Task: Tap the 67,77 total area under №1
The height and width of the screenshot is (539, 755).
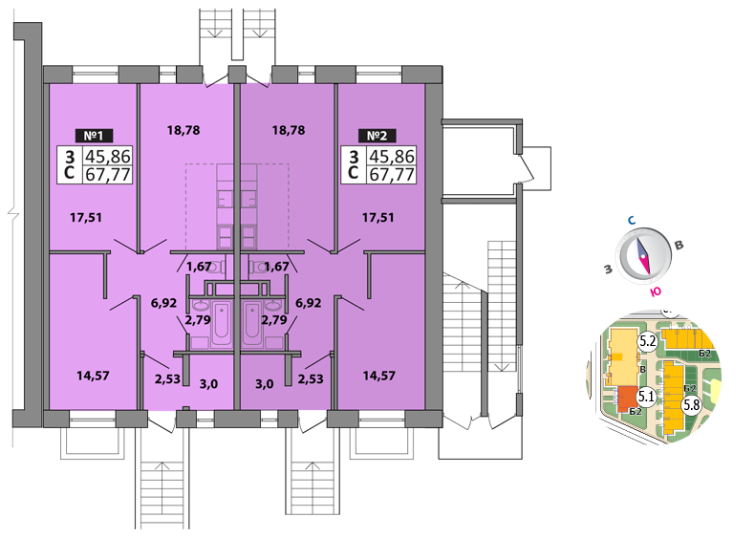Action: pyautogui.click(x=108, y=174)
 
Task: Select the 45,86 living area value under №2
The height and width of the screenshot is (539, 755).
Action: pyautogui.click(x=392, y=157)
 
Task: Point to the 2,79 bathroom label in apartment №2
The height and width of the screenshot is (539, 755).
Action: pyautogui.click(x=274, y=319)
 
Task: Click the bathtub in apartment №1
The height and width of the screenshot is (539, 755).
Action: pyautogui.click(x=220, y=322)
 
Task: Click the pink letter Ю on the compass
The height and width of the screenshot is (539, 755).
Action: pyautogui.click(x=656, y=292)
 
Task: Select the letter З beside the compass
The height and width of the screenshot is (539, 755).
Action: pyautogui.click(x=608, y=269)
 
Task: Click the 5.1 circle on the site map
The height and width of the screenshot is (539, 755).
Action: pyautogui.click(x=645, y=397)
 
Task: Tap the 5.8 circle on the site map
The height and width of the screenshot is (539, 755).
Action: pyautogui.click(x=691, y=404)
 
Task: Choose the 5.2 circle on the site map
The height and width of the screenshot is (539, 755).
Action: pyautogui.click(x=646, y=340)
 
